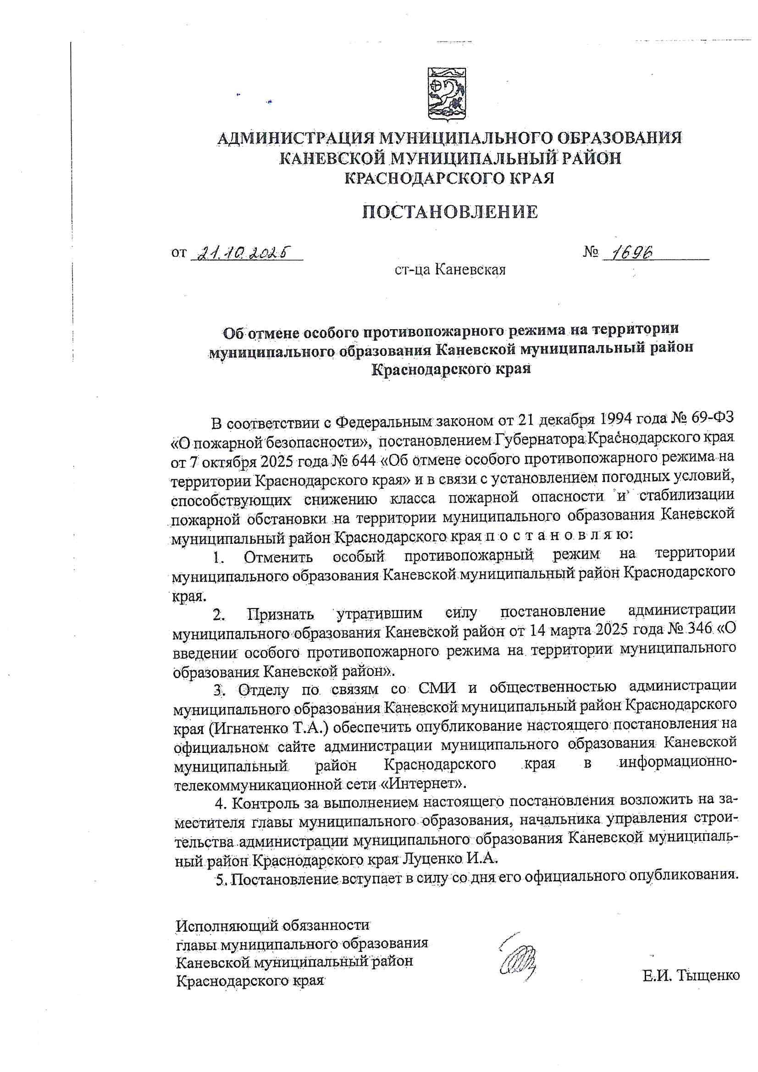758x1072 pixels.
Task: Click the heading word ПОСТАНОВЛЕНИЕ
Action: [x=451, y=212]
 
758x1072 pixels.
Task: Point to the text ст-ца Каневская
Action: [x=450, y=270]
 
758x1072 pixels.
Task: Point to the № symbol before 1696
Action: [x=591, y=253]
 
